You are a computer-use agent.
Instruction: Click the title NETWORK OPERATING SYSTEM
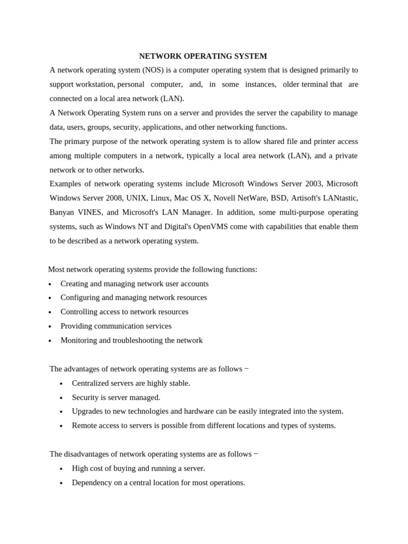[203, 56]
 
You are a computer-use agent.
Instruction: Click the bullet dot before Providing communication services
[50, 327]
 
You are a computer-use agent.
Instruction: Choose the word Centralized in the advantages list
[92, 383]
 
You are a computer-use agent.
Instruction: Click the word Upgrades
[88, 411]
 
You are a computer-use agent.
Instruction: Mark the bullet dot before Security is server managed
[61, 398]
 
